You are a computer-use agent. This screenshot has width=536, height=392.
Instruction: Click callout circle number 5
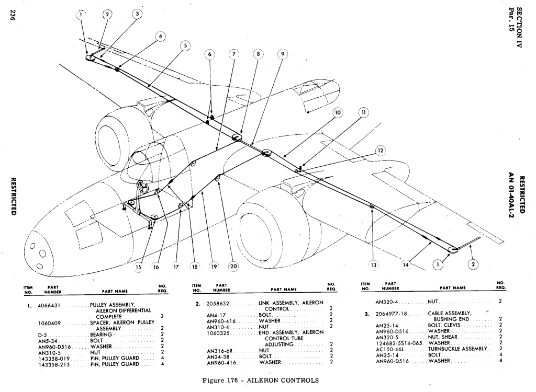(184, 45)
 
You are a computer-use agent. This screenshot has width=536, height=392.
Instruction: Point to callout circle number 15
(139, 266)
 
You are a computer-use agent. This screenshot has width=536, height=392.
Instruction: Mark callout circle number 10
(338, 113)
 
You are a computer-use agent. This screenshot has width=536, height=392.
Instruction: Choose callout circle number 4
(160, 37)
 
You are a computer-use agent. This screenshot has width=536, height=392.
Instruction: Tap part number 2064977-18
(390, 313)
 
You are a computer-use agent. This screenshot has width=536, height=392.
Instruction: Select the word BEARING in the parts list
(101, 335)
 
